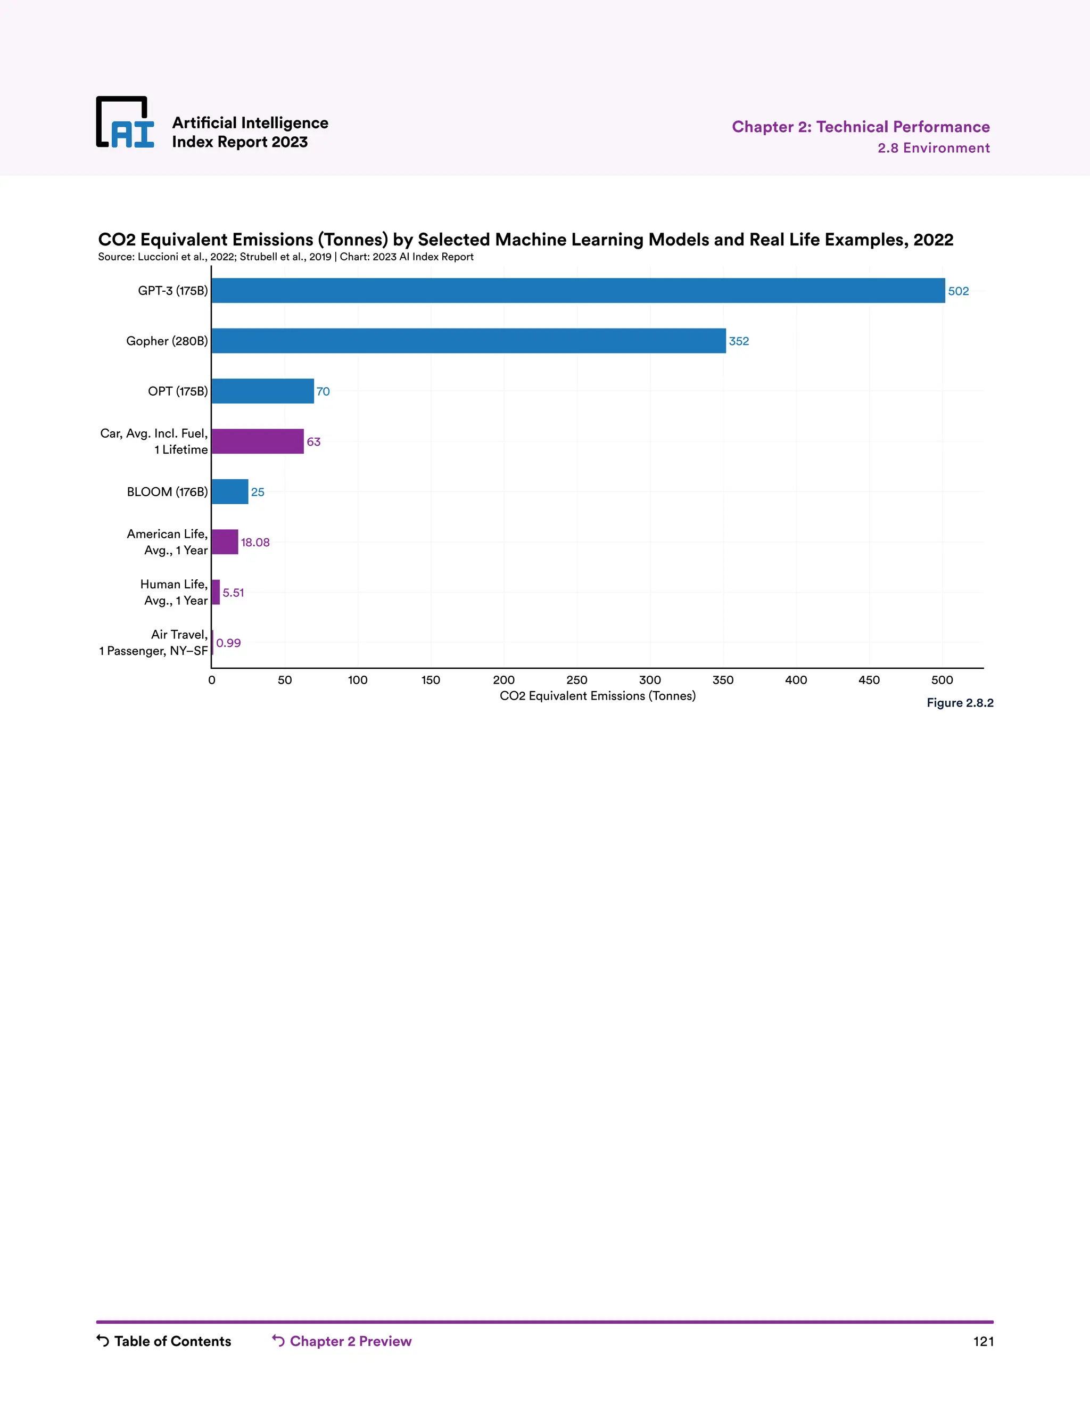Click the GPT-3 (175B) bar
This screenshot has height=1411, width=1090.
point(578,291)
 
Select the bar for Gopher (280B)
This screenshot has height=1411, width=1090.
point(468,341)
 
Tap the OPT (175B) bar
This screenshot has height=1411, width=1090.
point(263,391)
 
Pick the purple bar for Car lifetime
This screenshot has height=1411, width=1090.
point(258,441)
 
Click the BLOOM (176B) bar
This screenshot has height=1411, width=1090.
point(230,491)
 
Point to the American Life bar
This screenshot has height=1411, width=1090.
point(225,542)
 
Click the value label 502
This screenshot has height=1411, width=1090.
point(958,291)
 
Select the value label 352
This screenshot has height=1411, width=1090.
point(739,341)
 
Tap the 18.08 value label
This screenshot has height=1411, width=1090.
point(255,543)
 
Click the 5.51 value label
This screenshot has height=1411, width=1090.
point(233,593)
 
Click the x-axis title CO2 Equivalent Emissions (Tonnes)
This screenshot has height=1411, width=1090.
point(597,696)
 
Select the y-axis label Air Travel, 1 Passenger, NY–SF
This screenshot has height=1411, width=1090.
point(154,643)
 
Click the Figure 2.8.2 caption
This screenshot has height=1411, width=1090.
point(960,703)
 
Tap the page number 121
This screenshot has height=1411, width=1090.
point(983,1342)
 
